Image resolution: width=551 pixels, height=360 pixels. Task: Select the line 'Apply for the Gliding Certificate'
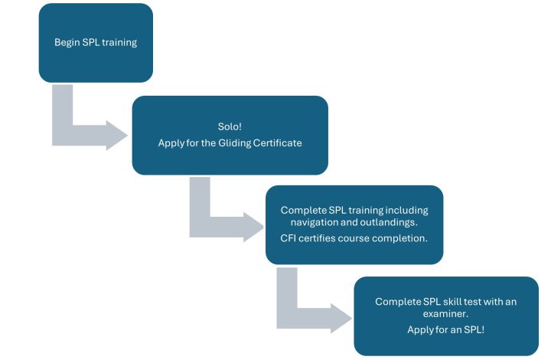(230, 143)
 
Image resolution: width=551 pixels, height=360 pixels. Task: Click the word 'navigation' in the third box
(318, 223)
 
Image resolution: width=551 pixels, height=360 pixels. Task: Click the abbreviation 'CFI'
(292, 238)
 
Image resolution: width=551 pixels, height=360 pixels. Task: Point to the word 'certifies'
(323, 238)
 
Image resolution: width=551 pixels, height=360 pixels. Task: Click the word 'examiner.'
(446, 314)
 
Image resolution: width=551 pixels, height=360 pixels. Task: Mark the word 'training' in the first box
(119, 43)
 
